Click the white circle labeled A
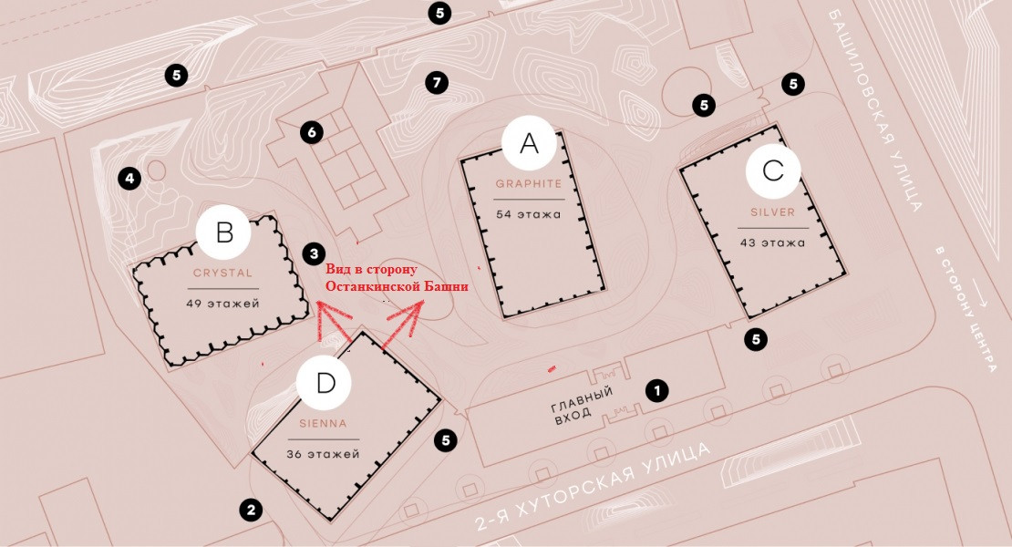tap(529, 143)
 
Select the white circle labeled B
tap(224, 233)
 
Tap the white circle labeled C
tap(773, 170)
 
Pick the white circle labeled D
tap(325, 385)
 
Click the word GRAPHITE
tap(529, 183)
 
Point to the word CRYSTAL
tap(222, 273)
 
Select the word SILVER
tap(773, 212)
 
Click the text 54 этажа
tap(529, 214)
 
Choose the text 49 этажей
tap(222, 304)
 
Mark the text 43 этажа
tap(773, 243)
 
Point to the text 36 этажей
tap(325, 454)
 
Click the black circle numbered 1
tap(656, 390)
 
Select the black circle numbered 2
tap(250, 510)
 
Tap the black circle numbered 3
tap(313, 253)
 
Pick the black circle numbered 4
tap(129, 178)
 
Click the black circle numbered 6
tap(312, 133)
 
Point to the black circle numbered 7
tap(437, 83)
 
